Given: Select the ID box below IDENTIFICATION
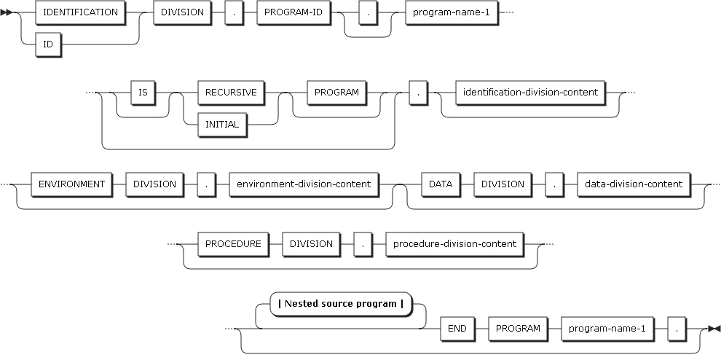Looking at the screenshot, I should tap(47, 44).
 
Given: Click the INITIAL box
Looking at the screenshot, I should tap(222, 124).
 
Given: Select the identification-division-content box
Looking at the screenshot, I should tap(529, 93).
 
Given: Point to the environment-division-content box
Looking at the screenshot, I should tap(303, 184).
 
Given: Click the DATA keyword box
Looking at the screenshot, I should tap(440, 184).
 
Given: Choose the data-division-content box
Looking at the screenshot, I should tap(634, 184).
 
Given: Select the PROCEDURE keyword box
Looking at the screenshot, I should tap(233, 243).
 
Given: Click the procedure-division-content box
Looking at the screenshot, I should tap(454, 243).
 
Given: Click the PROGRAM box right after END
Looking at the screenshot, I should tap(518, 328).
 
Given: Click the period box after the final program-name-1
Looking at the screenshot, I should tap(676, 328).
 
